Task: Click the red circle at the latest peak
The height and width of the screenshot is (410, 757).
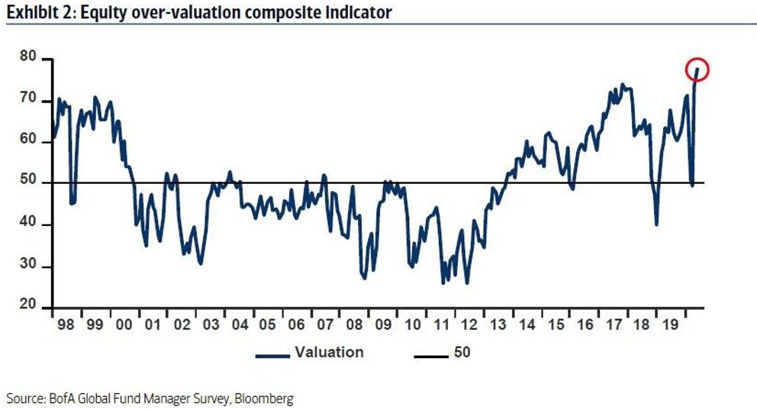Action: point(697,70)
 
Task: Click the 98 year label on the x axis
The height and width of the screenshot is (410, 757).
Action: point(64,324)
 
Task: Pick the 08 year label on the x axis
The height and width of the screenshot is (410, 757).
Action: point(355,324)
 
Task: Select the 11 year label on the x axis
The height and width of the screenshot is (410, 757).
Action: point(442,324)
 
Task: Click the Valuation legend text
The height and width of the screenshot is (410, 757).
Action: point(330,353)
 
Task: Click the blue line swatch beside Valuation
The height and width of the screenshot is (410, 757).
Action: point(272,354)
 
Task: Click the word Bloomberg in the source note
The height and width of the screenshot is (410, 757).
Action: point(264,399)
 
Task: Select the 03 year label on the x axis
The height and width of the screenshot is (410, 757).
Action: point(210,324)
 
